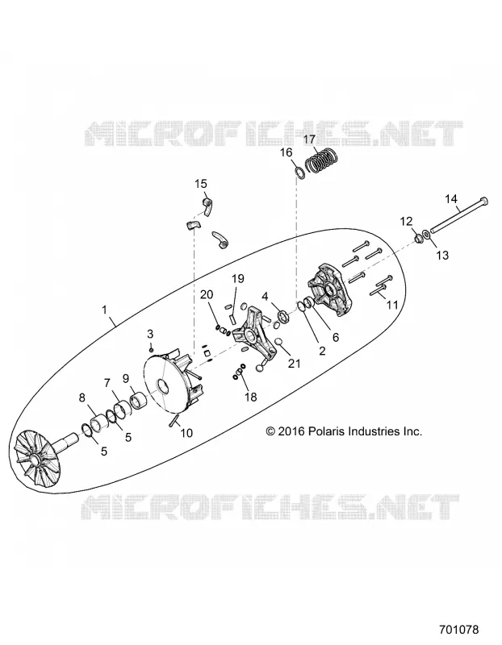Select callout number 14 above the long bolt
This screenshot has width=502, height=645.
point(451,199)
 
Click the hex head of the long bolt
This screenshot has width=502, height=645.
point(484,201)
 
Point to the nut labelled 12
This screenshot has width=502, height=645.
point(417,237)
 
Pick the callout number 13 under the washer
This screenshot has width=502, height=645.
point(442,256)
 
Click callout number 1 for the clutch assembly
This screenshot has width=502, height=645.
point(104,309)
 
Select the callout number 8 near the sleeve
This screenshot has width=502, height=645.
point(82,397)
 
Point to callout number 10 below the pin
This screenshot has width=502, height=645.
point(186,433)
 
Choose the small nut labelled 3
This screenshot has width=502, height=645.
point(151,349)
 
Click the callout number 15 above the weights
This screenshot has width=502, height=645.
point(201,184)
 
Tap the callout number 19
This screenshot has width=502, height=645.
point(237,278)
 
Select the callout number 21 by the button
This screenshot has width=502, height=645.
point(294,364)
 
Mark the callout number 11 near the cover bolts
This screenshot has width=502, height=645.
point(392,305)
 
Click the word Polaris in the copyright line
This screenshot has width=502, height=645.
point(326,431)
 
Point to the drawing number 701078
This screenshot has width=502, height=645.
point(458,630)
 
